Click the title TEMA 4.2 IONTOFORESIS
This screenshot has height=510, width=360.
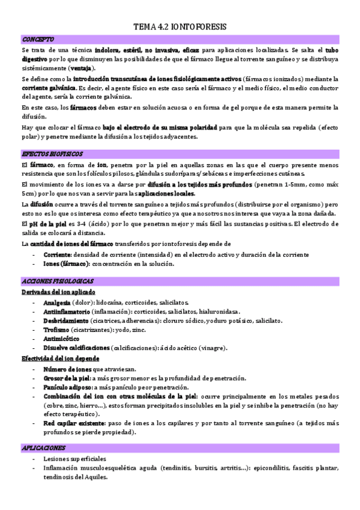click(x=180, y=27)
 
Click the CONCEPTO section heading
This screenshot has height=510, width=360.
click(x=38, y=39)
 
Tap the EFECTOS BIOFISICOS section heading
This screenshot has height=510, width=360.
click(x=52, y=154)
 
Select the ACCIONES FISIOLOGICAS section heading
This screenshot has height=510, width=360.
click(x=58, y=281)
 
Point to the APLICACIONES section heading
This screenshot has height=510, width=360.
click(x=44, y=448)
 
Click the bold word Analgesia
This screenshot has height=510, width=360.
click(x=56, y=302)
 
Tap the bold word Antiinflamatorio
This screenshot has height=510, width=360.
click(x=67, y=312)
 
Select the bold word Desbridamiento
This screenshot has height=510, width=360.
click(x=66, y=321)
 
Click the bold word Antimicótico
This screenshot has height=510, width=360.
click(x=62, y=339)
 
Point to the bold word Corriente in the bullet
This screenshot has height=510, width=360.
click(x=58, y=254)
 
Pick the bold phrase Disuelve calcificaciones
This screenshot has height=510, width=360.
click(x=76, y=348)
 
